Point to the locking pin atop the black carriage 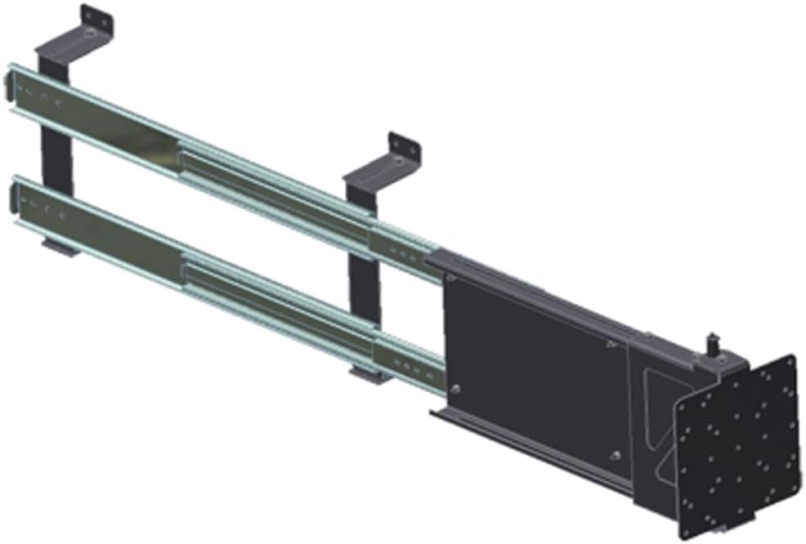coord(712,341)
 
